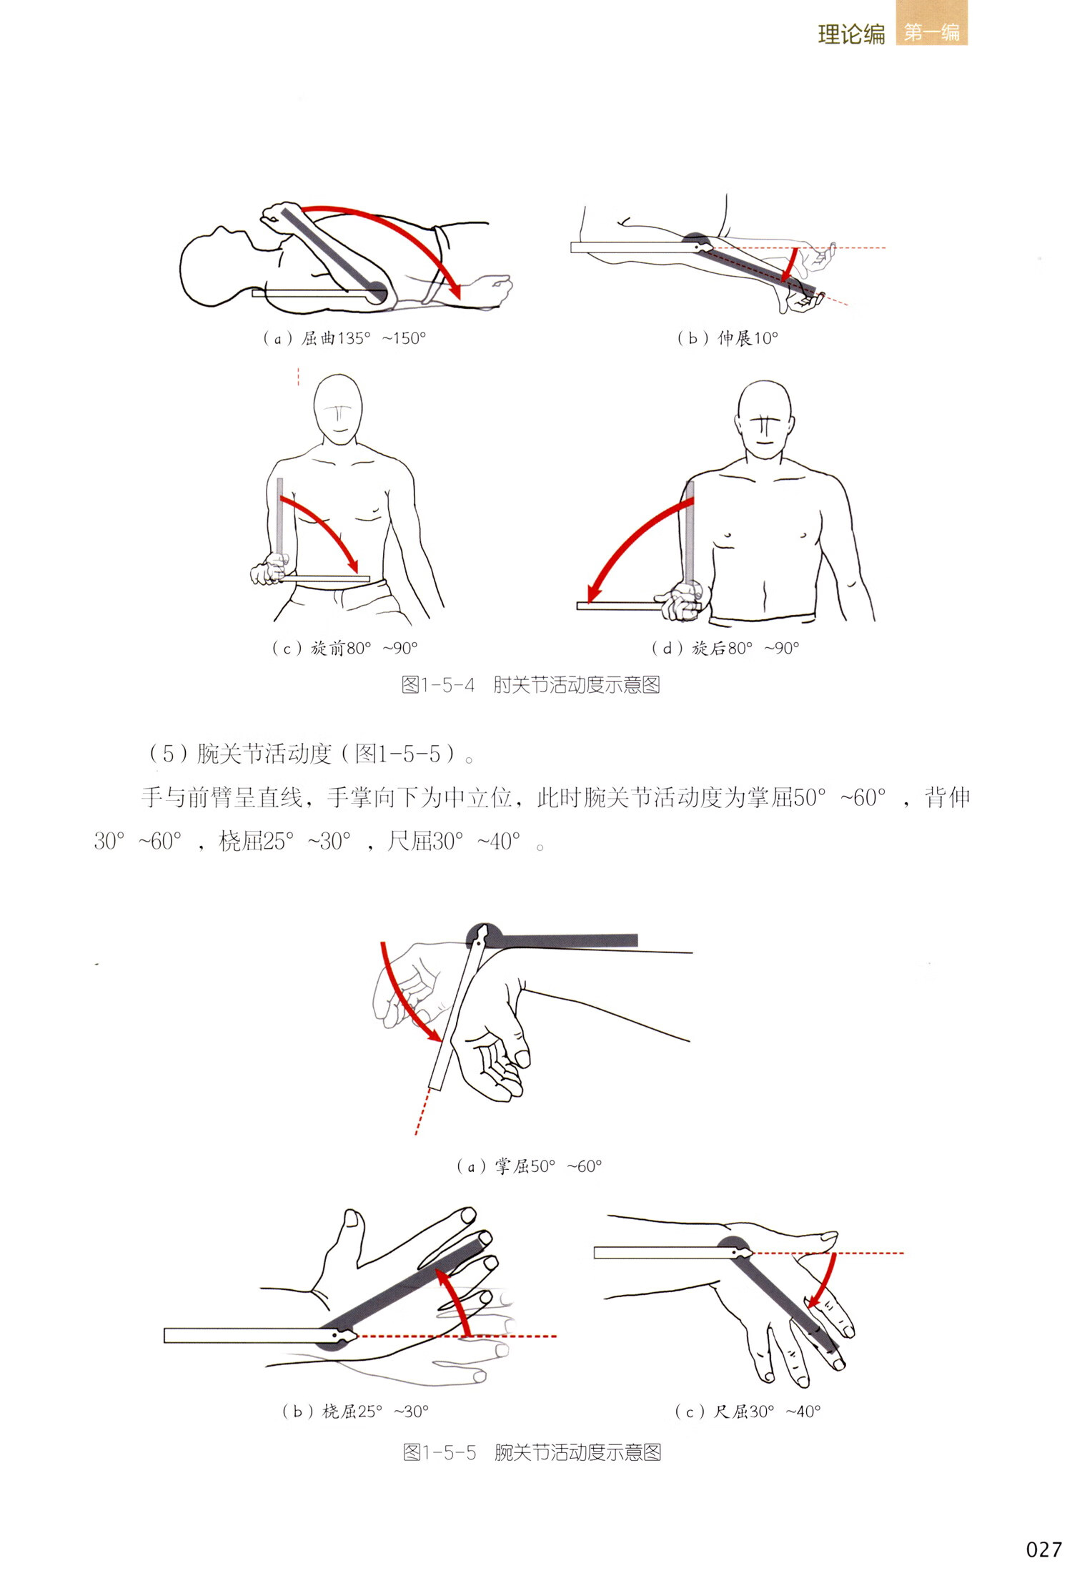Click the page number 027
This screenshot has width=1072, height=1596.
click(x=1043, y=1550)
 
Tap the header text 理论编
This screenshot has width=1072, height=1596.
click(x=851, y=34)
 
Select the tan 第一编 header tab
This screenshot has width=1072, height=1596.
click(x=931, y=32)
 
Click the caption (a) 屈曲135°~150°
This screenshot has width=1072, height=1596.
click(x=344, y=338)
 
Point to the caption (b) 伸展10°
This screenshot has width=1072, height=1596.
click(x=728, y=338)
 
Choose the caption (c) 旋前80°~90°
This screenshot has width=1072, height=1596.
click(x=344, y=648)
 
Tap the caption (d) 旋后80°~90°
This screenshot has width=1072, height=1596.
click(x=725, y=648)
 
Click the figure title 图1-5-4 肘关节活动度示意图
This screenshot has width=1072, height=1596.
click(x=530, y=685)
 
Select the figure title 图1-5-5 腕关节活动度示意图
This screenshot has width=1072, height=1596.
click(x=532, y=1452)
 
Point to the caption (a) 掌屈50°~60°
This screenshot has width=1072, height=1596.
click(x=529, y=1166)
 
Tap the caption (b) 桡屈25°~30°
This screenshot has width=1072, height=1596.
click(x=355, y=1411)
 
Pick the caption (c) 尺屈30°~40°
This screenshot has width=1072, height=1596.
click(x=748, y=1411)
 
